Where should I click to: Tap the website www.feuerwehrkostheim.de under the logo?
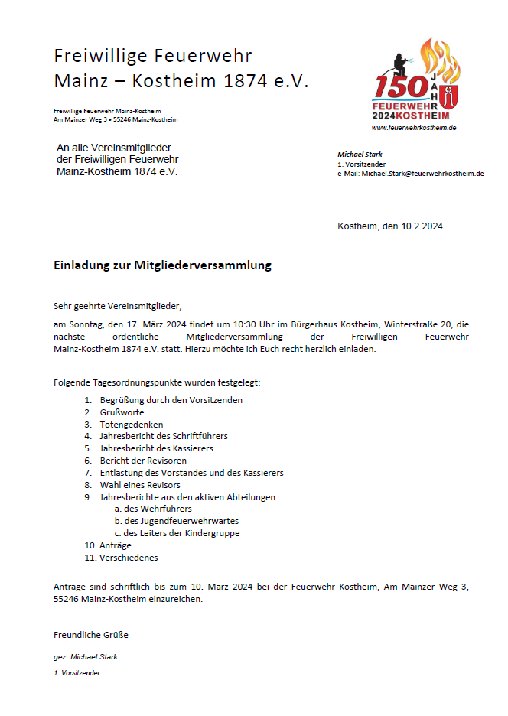(x=414, y=128)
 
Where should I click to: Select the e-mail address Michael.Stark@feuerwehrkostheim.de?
(x=422, y=174)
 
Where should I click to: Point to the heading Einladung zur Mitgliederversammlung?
(x=162, y=266)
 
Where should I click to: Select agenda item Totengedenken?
(x=131, y=425)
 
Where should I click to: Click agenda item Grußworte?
(x=121, y=412)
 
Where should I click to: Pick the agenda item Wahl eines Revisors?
(x=140, y=485)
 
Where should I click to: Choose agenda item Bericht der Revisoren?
(x=143, y=461)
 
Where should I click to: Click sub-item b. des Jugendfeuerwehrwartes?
(x=176, y=521)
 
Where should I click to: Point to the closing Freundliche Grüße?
(x=91, y=635)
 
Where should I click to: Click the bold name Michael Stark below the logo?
(x=360, y=155)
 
